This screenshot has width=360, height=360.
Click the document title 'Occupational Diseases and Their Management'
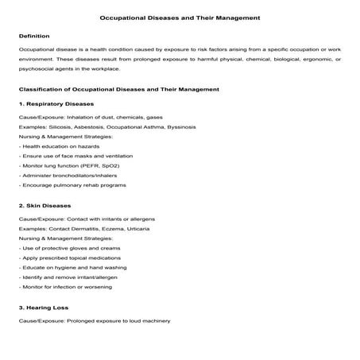pos(180,16)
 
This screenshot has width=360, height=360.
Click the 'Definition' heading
pos(34,36)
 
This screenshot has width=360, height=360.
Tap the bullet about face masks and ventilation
pos(74,157)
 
